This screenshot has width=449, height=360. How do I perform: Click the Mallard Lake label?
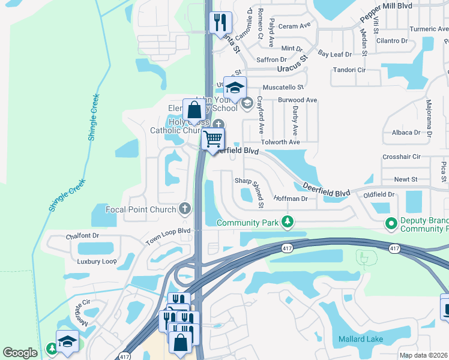point(360,340)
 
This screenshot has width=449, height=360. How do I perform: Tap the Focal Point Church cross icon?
point(185,209)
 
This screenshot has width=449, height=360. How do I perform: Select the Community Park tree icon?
point(288,222)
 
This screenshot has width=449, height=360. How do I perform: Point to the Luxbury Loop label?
point(96,262)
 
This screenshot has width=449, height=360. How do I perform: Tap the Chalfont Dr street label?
point(82,236)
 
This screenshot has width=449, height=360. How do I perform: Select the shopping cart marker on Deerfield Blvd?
point(213,140)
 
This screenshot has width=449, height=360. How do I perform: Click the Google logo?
point(20,353)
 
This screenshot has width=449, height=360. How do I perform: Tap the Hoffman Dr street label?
point(291,199)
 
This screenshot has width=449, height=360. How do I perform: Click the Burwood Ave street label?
point(297,100)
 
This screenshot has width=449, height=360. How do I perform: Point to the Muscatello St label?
point(283,87)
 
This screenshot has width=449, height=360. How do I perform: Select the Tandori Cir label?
point(349,70)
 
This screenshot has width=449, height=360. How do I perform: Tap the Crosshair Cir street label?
point(400,157)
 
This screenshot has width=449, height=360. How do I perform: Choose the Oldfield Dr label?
point(379,194)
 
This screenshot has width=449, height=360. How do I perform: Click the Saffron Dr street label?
point(271,59)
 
